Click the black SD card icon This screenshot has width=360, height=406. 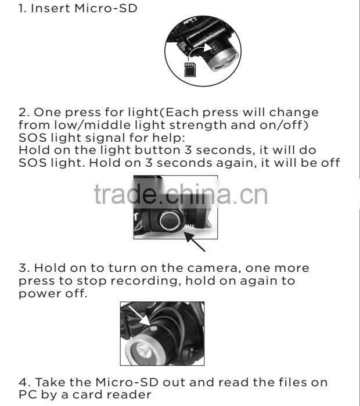click(x=189, y=70)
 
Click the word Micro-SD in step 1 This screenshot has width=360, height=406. click(x=110, y=9)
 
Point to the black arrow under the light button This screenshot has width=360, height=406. click(x=196, y=242)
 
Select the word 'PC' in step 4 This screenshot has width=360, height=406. click(x=27, y=395)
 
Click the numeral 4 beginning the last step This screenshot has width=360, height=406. click(x=21, y=383)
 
